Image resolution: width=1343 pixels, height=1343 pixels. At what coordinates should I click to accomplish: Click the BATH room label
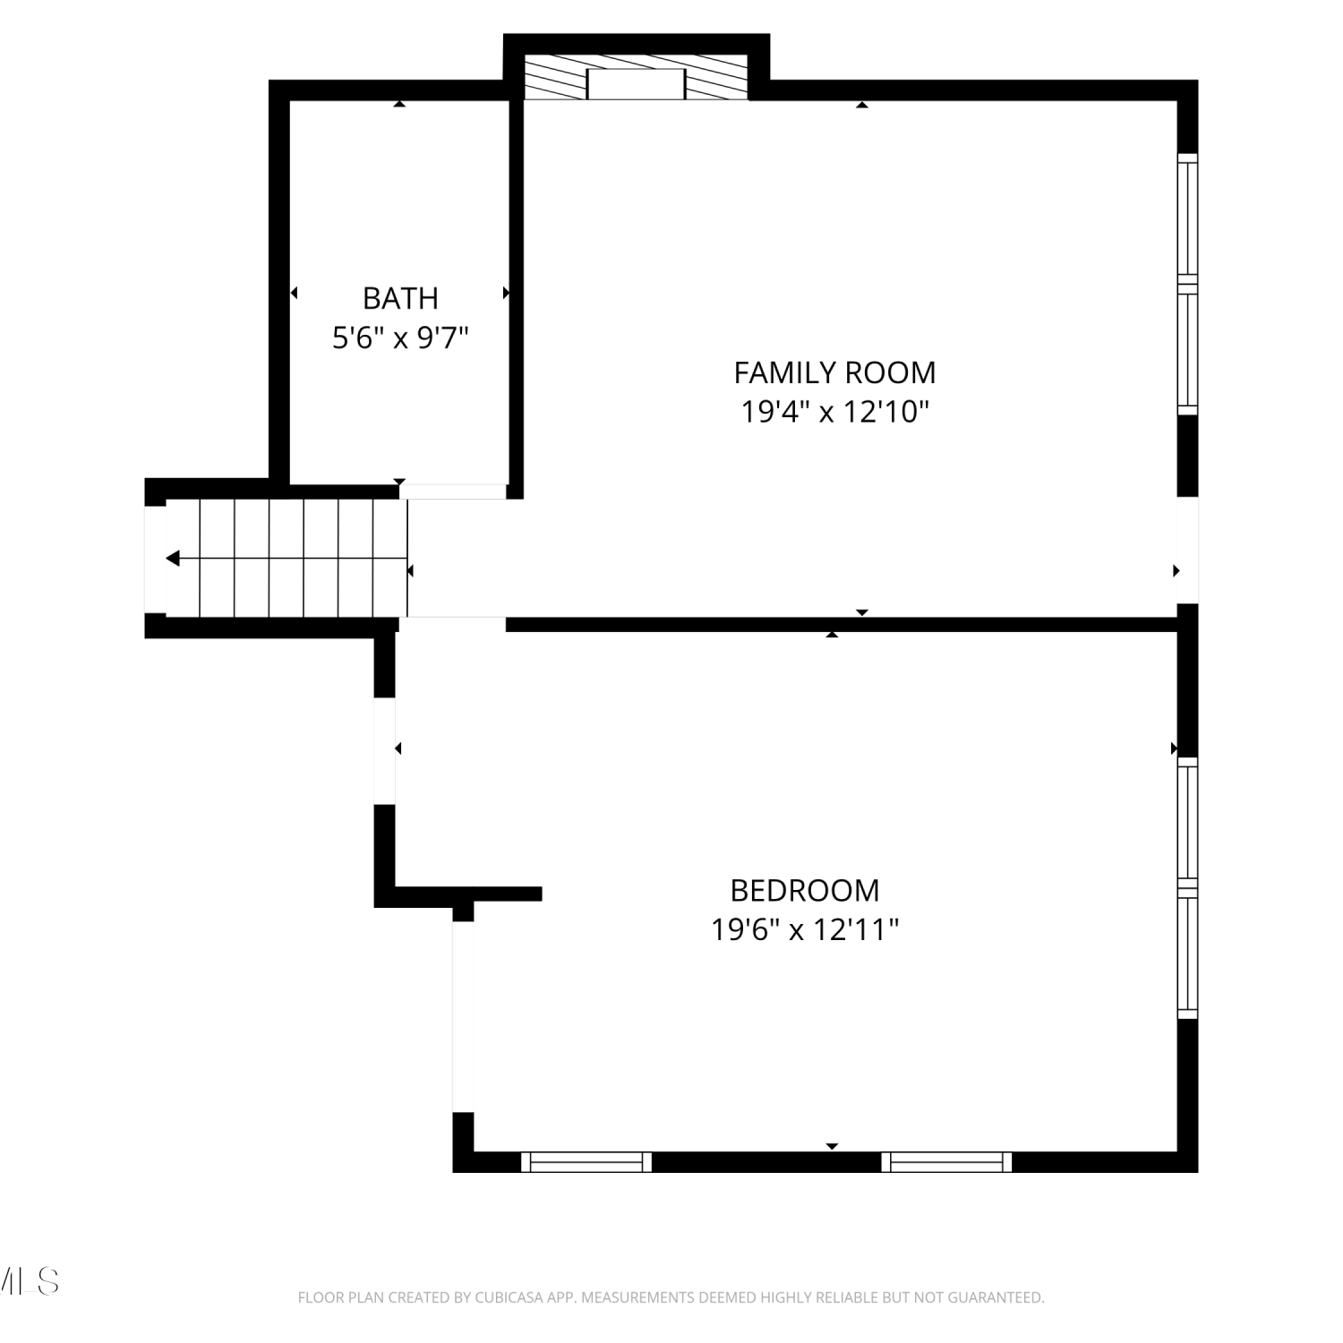pos(400,297)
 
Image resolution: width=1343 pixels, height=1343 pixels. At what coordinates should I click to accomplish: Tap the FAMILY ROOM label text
pos(834,372)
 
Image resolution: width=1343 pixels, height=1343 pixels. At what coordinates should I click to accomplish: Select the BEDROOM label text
pos(805,890)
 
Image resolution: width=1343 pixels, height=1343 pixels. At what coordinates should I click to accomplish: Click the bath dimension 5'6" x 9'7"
pos(400,338)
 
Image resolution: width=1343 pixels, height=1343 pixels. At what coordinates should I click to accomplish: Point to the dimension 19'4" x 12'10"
pos(834,412)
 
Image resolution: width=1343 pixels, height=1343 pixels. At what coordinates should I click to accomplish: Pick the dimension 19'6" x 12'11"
pos(805,930)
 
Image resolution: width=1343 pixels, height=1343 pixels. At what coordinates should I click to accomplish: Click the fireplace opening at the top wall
pos(636,84)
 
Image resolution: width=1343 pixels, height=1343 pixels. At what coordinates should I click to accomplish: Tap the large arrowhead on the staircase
pos(173,559)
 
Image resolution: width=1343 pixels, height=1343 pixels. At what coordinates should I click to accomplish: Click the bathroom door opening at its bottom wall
pos(453,492)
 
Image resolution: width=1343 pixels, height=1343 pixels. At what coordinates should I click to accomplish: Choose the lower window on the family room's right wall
pos(1187,350)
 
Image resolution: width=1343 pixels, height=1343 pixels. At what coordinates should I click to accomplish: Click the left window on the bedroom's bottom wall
pos(586,1162)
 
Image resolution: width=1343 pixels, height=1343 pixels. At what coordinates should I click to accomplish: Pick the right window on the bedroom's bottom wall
pos(947,1162)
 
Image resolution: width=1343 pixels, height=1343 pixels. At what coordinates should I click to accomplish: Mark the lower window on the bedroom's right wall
pos(1187,954)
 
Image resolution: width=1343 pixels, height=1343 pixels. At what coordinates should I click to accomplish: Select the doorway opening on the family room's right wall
pos(1187,550)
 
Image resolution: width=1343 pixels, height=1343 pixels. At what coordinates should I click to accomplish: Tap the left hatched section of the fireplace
pos(555,77)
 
